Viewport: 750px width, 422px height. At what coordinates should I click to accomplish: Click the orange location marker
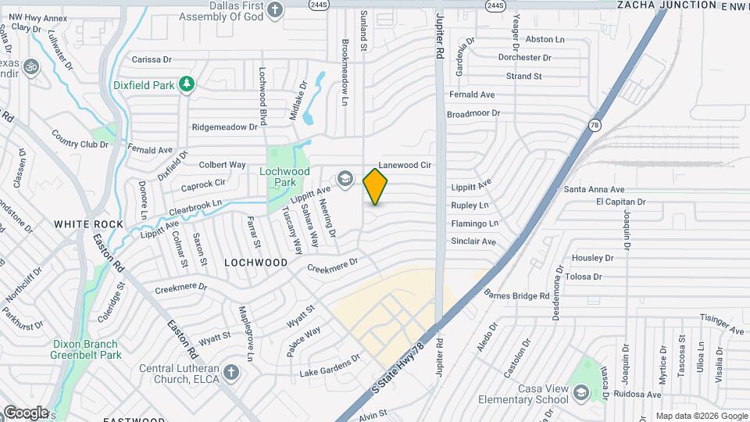(x=376, y=186)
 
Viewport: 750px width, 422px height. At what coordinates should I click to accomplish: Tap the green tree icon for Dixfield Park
(x=186, y=84)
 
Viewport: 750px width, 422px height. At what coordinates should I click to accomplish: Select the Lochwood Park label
(x=284, y=177)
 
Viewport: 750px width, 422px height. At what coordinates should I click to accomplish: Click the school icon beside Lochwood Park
(x=344, y=180)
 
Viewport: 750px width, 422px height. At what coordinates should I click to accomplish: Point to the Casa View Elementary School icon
(x=580, y=393)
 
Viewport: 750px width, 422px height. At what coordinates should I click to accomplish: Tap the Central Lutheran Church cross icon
(x=230, y=371)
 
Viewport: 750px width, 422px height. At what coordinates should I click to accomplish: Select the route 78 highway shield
(x=595, y=125)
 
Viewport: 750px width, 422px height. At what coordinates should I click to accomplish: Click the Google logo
(x=25, y=412)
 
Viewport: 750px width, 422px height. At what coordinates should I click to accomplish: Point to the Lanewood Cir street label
(x=405, y=166)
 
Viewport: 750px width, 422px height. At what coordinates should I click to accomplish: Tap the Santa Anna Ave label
(x=595, y=189)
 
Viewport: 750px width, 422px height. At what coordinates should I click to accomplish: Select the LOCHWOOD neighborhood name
(x=256, y=263)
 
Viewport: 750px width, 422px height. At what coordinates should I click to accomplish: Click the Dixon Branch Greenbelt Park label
(x=86, y=349)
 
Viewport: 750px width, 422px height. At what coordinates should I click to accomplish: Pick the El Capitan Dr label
(x=620, y=201)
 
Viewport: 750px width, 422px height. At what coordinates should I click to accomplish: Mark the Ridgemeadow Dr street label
(x=224, y=127)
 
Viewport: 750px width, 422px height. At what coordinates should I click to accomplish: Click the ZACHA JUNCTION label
(x=666, y=5)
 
